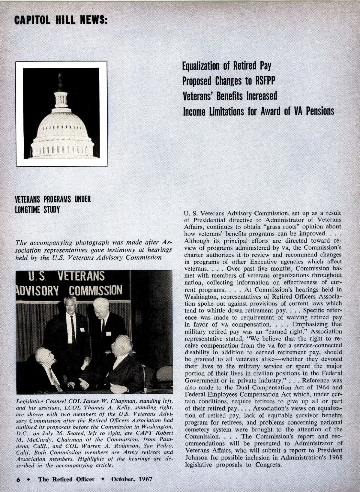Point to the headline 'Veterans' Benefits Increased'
pyautogui.click(x=230, y=96)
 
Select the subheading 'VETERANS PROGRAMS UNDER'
pyautogui.click(x=52, y=199)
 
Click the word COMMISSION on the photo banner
pyautogui.click(x=96, y=290)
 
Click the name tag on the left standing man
pyautogui.click(x=82, y=329)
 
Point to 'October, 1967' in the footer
pyautogui.click(x=132, y=479)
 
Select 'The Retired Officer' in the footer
pyautogui.click(x=66, y=479)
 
